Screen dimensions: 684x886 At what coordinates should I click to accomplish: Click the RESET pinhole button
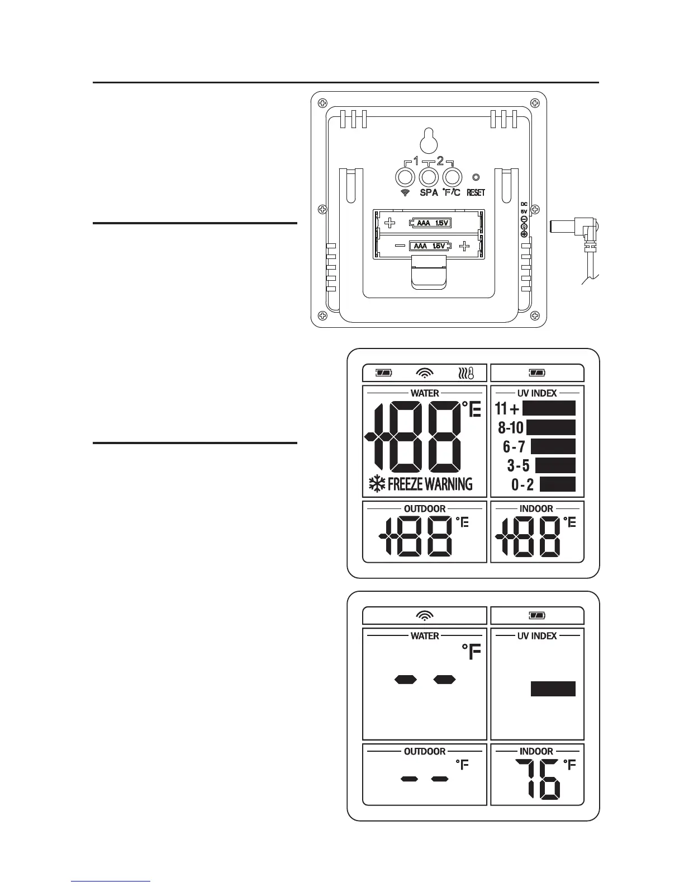coord(476,177)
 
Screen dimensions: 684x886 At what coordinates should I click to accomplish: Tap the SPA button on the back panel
coord(429,177)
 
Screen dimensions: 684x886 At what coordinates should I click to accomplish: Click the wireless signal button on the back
coord(405,177)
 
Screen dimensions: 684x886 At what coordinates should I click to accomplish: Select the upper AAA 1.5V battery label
coord(430,223)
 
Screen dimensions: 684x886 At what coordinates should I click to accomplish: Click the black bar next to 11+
coord(548,408)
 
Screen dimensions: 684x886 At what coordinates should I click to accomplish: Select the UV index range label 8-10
coord(511,428)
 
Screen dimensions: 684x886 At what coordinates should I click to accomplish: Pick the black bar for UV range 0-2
coord(557,484)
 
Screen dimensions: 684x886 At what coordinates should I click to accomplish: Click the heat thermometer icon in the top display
coord(465,373)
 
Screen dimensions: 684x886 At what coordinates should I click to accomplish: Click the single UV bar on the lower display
coord(553,689)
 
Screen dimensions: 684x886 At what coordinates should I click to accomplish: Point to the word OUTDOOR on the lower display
coord(425,751)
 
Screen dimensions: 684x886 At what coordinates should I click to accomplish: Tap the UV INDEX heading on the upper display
coord(536,393)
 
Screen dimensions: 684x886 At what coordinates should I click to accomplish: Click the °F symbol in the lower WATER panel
coord(471,652)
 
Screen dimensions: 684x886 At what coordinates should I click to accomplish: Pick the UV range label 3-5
coord(518,465)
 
